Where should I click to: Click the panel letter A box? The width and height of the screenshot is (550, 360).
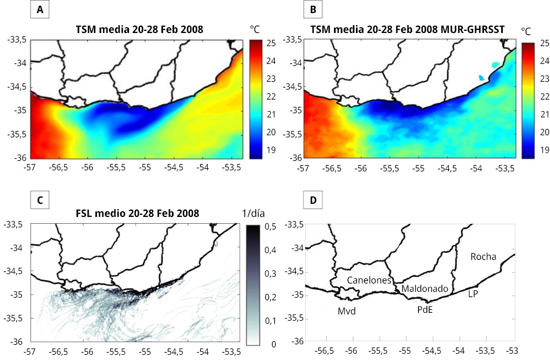pos(40,10)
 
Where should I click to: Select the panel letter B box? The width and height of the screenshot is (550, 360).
pos(314,10)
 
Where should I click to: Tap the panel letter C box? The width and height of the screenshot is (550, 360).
pos(40,200)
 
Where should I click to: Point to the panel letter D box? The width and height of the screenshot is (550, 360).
pos(314,200)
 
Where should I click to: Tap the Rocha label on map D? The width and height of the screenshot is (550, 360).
pos(483,257)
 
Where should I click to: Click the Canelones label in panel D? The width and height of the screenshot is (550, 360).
pos(369,280)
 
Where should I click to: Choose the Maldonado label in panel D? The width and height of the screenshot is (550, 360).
pos(425,289)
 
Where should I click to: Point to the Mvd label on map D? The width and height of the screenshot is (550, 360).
pos(347,311)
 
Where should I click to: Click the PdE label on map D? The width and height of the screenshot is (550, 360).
pos(425,310)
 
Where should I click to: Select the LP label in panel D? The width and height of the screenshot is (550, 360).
pos(472,294)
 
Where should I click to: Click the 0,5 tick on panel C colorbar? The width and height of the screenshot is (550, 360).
pos(271,226)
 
